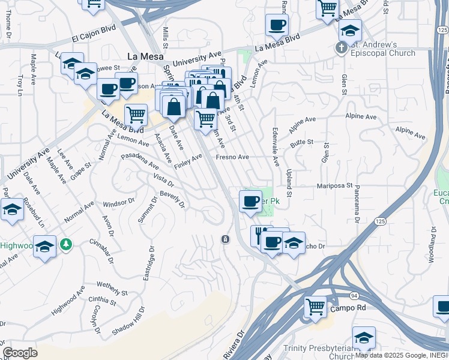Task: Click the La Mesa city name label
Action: point(143,57)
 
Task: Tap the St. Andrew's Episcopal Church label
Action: point(384,49)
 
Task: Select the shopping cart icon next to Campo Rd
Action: point(315,307)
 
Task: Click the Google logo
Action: point(20,353)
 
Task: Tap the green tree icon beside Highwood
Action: point(68,244)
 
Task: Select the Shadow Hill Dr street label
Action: point(128,321)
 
